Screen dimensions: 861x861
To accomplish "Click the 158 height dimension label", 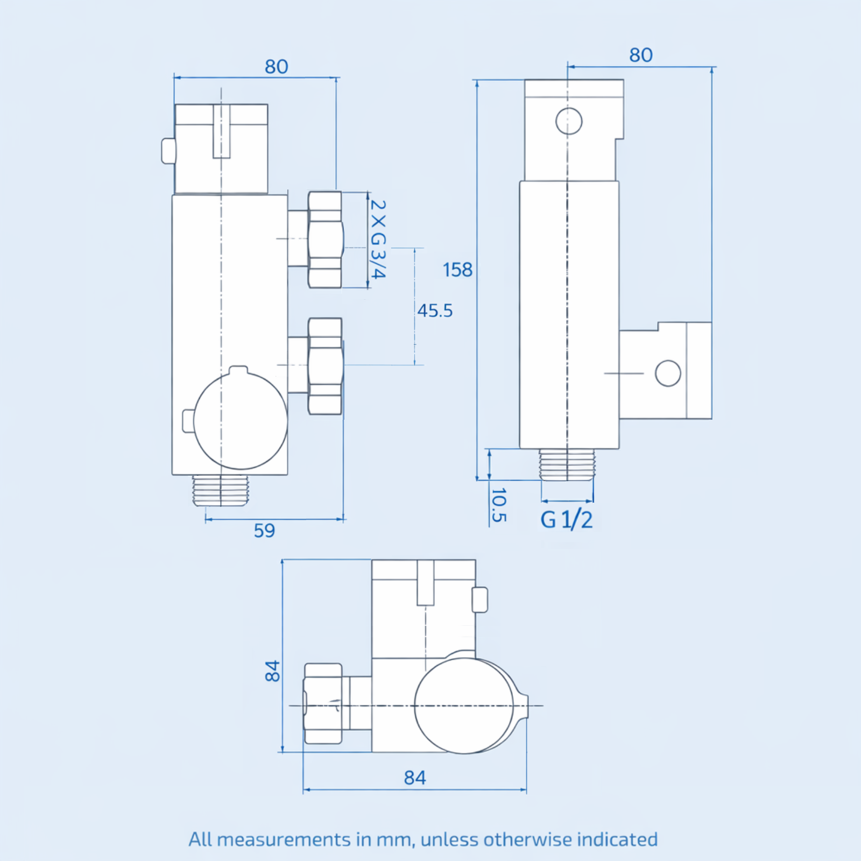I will (457, 270).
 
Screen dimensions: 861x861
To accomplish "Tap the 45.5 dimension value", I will (435, 310).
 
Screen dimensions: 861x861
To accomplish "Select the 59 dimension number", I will (264, 531).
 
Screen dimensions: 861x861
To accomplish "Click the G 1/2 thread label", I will (566, 520).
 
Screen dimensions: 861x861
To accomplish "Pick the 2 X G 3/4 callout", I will (378, 239).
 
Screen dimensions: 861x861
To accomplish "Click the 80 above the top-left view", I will (276, 67).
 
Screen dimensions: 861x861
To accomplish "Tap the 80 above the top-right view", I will (640, 55).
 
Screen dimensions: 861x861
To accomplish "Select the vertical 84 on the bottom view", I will (273, 671).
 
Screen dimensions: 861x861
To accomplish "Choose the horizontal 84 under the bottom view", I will (414, 778).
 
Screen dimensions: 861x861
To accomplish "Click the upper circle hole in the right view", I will (569, 121).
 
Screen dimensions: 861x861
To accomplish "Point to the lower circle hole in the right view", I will (668, 373).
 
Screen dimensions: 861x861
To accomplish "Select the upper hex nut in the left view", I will (325, 239).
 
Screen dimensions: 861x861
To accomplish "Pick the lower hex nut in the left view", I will (325, 366).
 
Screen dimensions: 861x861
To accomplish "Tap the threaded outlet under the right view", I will (567, 464).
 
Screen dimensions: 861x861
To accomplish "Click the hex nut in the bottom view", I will (323, 704).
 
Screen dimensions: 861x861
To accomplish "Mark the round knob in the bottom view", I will (464, 705).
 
